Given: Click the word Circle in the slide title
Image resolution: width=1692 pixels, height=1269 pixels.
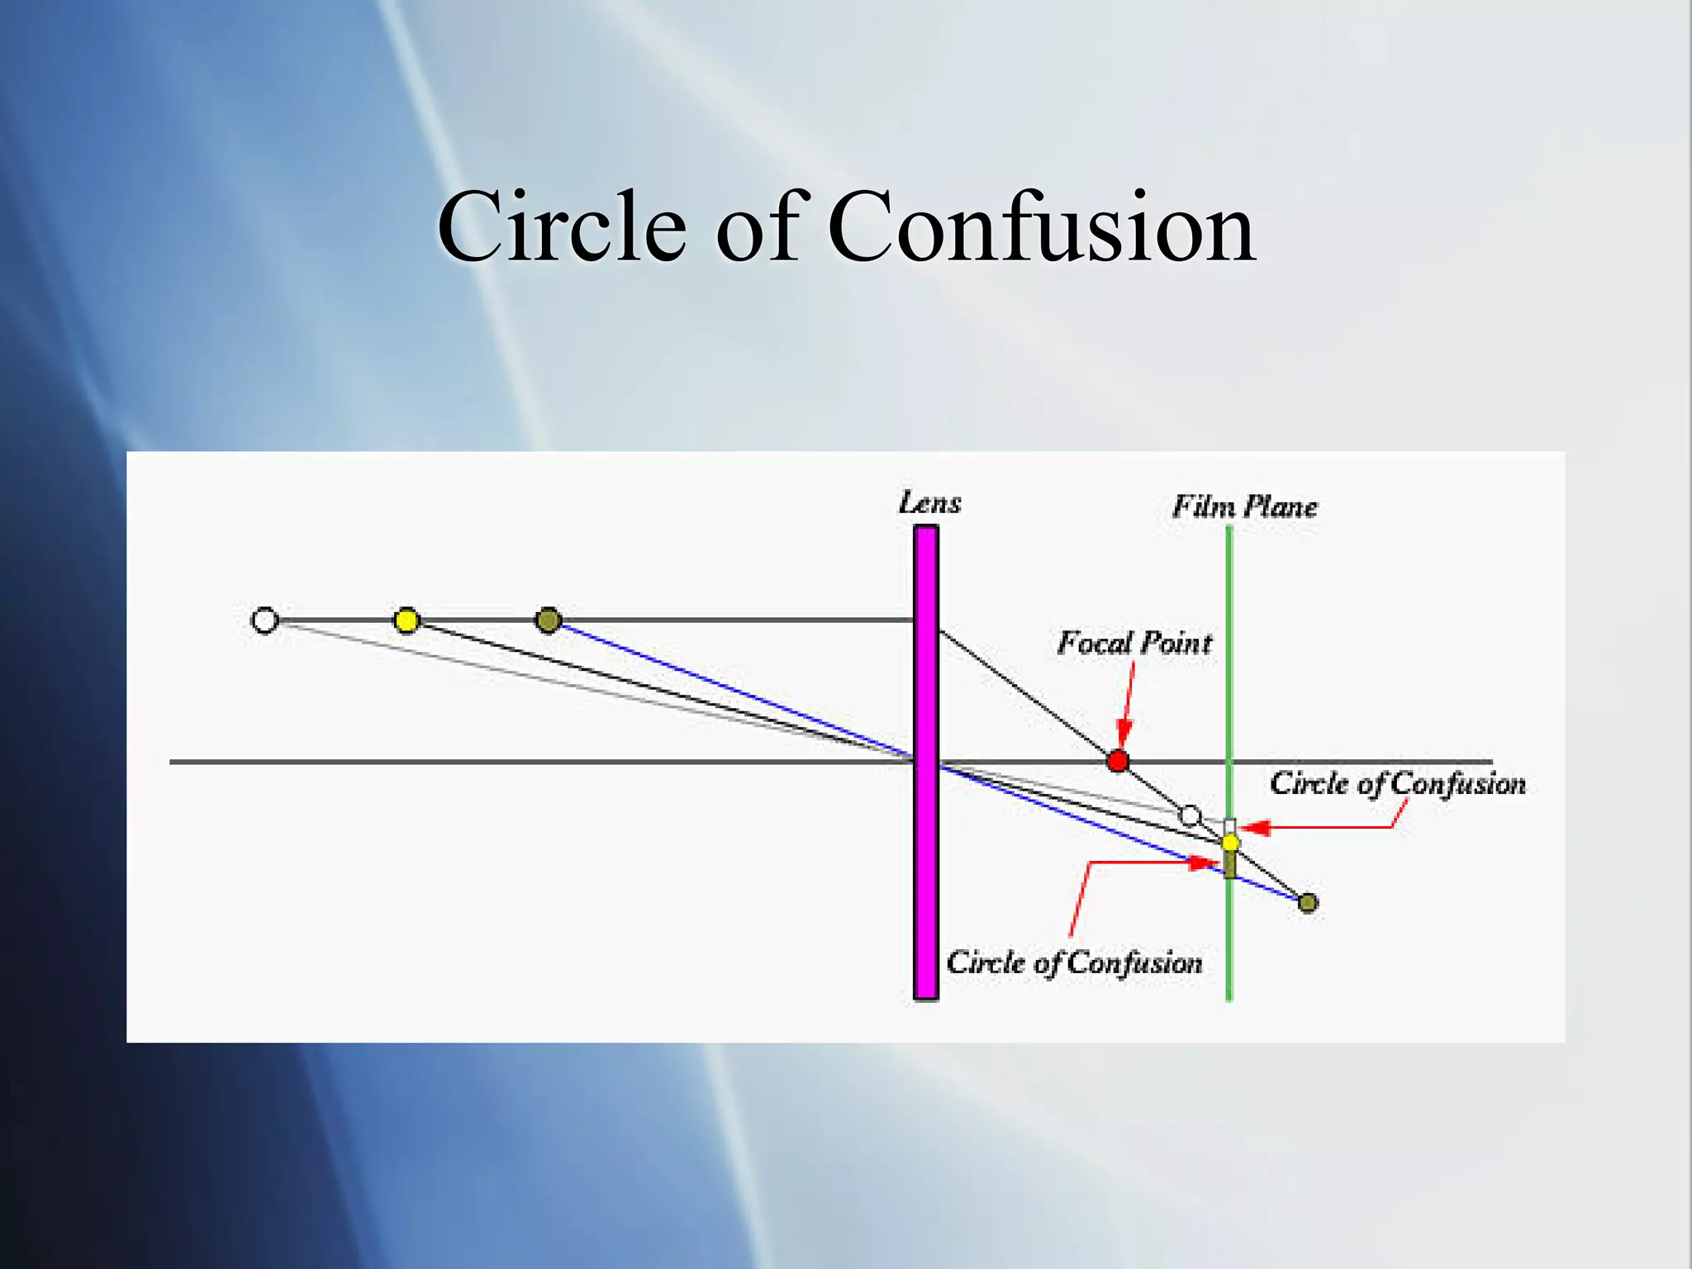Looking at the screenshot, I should pos(562,226).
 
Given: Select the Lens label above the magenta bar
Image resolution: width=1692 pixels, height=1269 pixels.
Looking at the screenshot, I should pos(929,503).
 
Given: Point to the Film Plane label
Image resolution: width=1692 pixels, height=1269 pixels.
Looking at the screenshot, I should pos(1244,506).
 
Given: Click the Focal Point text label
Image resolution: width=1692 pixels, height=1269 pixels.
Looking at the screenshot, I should pos(1134,643).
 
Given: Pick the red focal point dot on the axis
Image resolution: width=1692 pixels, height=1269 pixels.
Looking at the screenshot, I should pos(1117,761).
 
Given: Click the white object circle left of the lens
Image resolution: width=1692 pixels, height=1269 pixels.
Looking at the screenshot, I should pos(264,620).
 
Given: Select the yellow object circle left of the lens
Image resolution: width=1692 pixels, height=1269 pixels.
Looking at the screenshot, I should pos(406,620).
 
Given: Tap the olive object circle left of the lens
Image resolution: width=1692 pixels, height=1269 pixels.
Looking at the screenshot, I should pos(549,620).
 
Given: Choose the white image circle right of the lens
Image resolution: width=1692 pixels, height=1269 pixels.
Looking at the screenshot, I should pos(1190,816).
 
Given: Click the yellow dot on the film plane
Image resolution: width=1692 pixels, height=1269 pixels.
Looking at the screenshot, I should pos(1230,843).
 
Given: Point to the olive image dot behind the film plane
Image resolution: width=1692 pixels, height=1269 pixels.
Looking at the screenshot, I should pos(1308,902).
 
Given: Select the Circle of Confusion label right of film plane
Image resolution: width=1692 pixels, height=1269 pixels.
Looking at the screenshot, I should pos(1397,783).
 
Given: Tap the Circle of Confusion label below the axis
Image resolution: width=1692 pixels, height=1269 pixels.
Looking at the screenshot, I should pos(1074,962).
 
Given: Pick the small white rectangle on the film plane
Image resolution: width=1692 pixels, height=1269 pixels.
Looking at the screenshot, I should pos(1229,826).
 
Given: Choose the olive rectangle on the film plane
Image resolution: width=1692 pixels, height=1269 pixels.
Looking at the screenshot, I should pos(1230,865).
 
